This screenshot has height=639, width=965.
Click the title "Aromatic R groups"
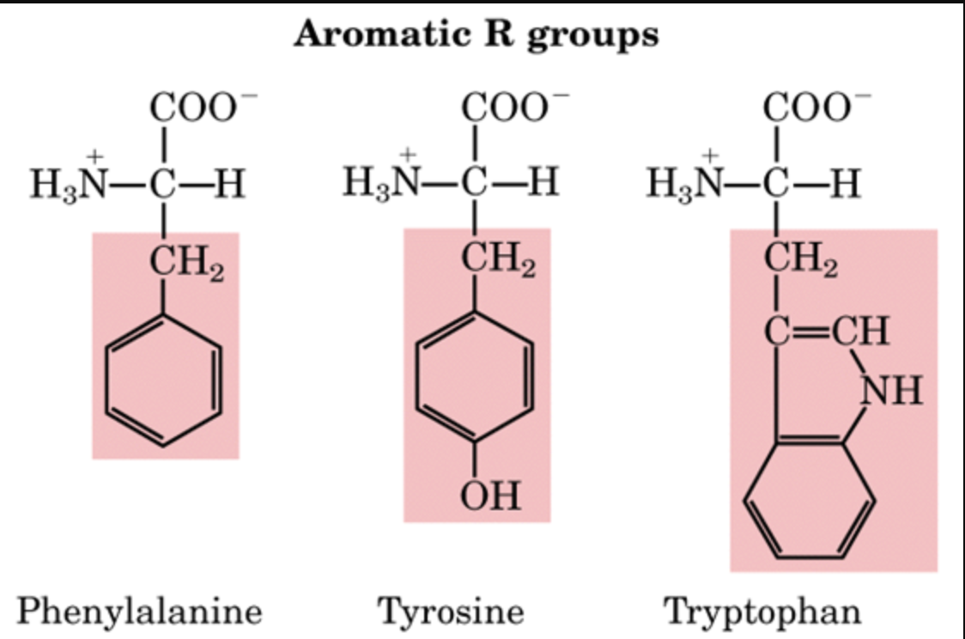476,35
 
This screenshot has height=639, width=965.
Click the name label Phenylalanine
140,612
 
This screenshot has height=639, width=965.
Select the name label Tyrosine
451,612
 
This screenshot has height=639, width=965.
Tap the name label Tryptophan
762,612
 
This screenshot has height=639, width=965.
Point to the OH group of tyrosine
489,496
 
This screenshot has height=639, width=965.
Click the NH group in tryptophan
893,392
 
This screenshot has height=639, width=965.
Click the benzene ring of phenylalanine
163,381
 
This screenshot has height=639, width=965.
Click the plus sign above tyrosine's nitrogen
410,155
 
